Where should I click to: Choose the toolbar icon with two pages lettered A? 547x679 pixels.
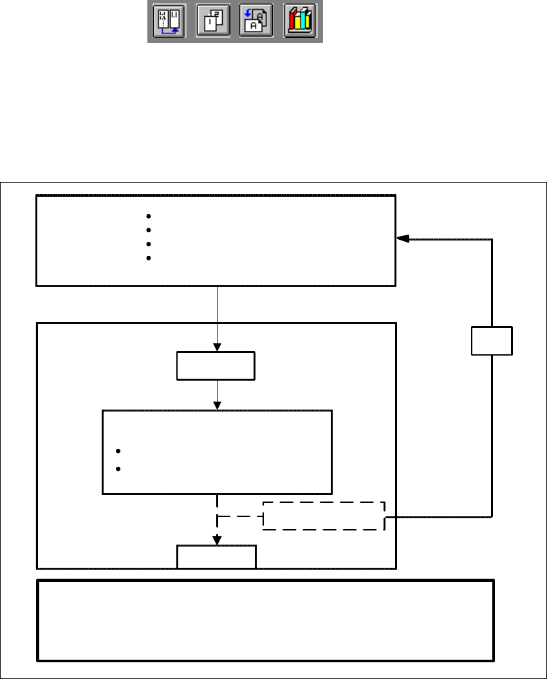256,21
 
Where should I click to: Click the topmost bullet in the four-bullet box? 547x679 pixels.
148,216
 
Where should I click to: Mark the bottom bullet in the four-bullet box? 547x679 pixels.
148,258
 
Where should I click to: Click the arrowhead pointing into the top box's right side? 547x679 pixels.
402,239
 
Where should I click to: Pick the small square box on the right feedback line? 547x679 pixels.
492,341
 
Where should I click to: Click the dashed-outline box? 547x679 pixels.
324,516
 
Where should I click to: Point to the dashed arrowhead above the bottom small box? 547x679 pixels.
218,540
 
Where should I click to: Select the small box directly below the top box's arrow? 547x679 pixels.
216,365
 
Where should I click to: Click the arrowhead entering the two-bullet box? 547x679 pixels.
218,405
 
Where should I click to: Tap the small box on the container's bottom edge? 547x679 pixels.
216,556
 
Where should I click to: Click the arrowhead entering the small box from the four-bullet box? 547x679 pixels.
218,347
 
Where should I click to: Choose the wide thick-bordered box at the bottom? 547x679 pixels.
266,620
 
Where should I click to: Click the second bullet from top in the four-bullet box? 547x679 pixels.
148,230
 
